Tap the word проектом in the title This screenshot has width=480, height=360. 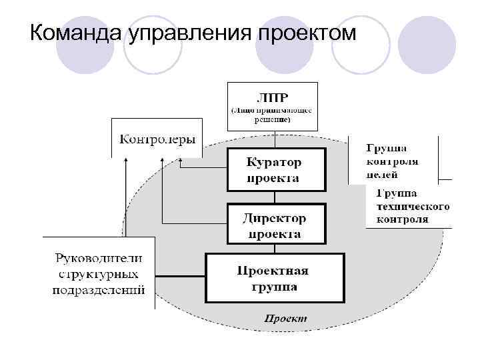pos(306,32)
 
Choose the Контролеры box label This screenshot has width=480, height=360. pos(157,139)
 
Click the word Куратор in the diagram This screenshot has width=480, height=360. pos(274,163)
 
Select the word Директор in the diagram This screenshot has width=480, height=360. pos(274,219)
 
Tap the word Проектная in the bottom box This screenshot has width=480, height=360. pos(273,271)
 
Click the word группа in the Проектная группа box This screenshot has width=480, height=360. pos(274,287)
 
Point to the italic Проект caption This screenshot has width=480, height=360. pos(285,319)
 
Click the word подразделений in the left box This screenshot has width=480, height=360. pos(99,290)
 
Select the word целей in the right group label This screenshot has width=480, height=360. pos(382,175)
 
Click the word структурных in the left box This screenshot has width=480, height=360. pos(99,274)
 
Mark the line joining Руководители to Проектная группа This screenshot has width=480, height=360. pos(179,275)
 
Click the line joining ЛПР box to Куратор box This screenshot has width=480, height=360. pos(273,139)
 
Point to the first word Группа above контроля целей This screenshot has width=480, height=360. pos(387,148)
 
